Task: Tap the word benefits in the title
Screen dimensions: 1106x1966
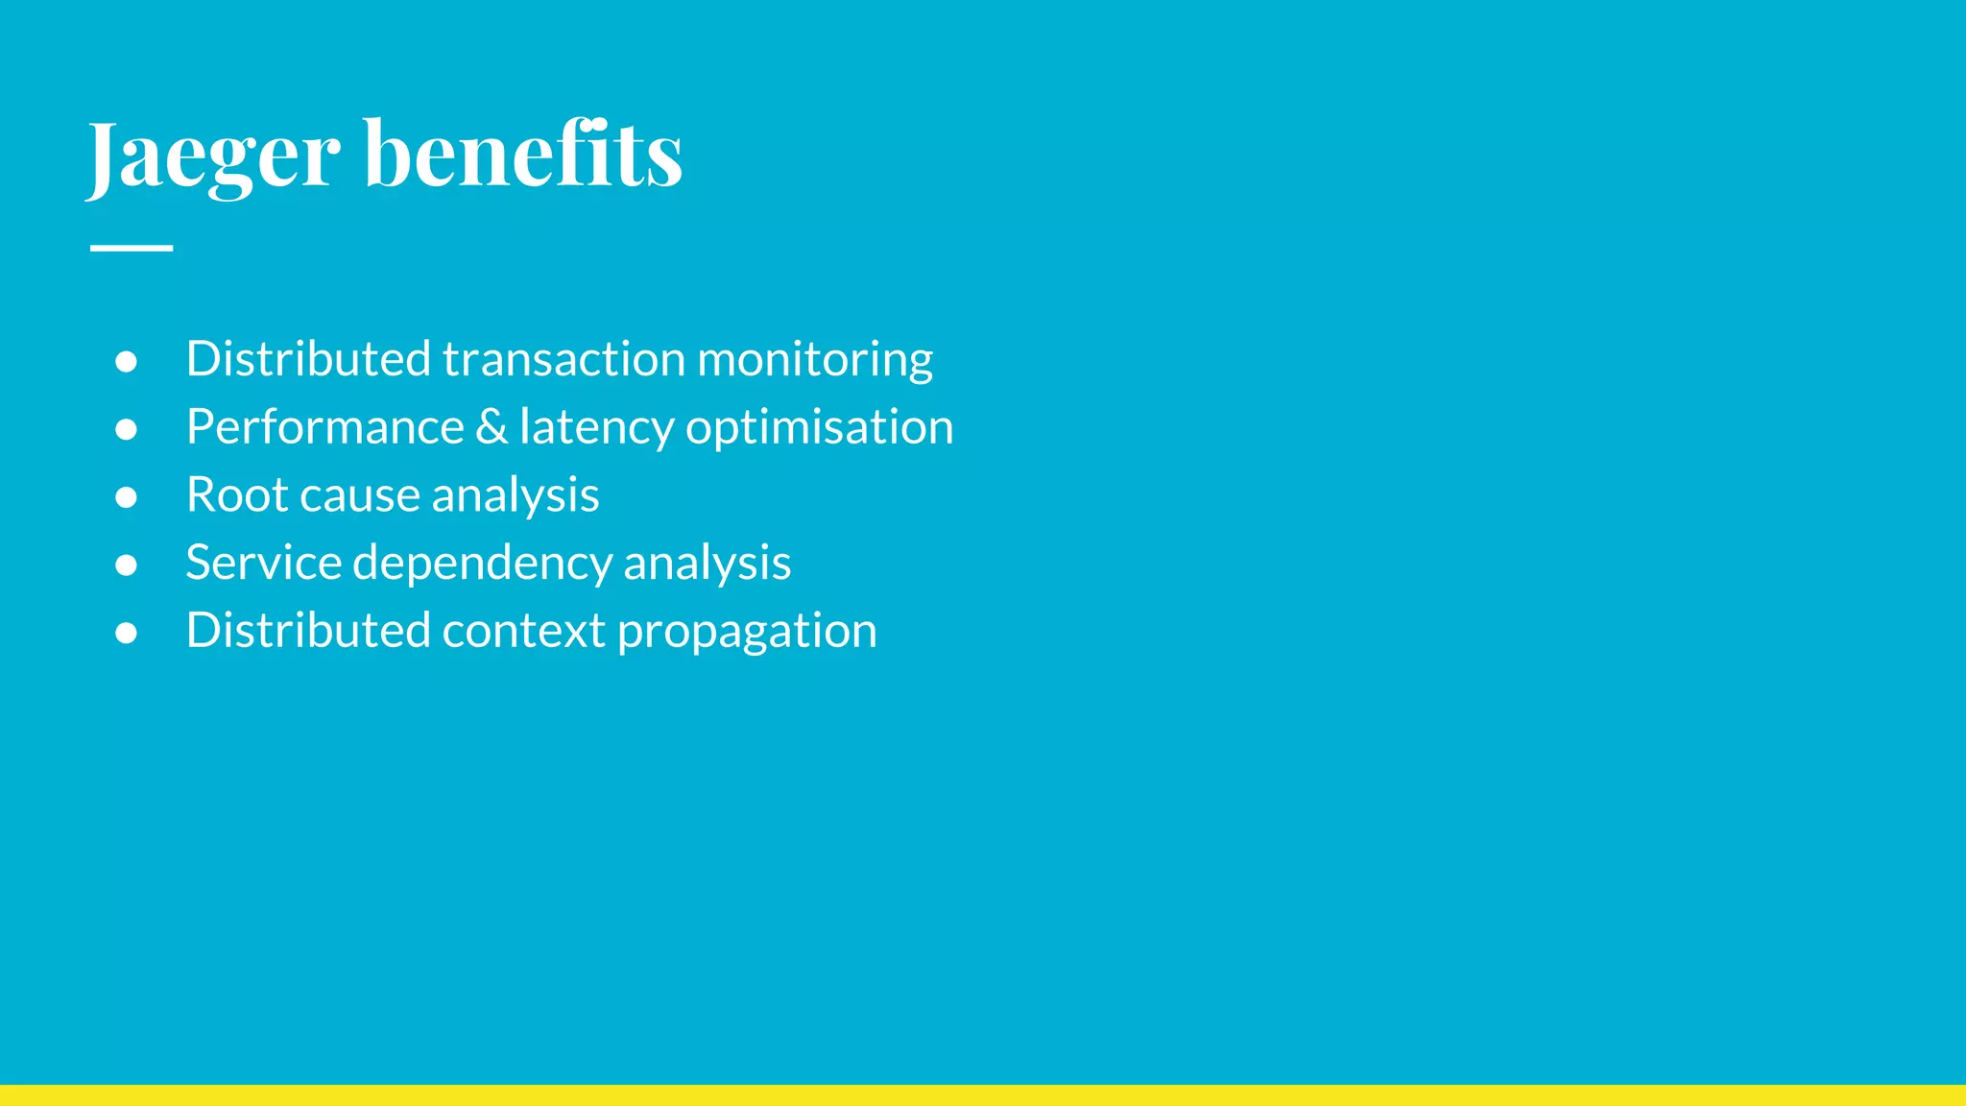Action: pos(523,154)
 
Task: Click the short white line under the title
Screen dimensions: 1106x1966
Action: pos(132,248)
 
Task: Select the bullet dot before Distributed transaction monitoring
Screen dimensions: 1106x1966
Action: pos(126,361)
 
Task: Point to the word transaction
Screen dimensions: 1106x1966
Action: pos(563,359)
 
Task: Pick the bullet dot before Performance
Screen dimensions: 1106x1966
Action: pos(126,429)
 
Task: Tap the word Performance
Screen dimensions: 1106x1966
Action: pos(325,427)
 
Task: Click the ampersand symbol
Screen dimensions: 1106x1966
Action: pos(491,427)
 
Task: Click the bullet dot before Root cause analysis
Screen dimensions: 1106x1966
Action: pos(126,497)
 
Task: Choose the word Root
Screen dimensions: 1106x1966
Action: pos(236,495)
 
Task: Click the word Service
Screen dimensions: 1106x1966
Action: pos(263,563)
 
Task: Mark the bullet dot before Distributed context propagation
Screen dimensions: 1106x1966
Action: pos(126,633)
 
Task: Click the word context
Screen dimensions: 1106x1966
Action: pos(523,632)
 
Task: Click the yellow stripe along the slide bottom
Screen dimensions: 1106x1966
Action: pos(983,1095)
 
